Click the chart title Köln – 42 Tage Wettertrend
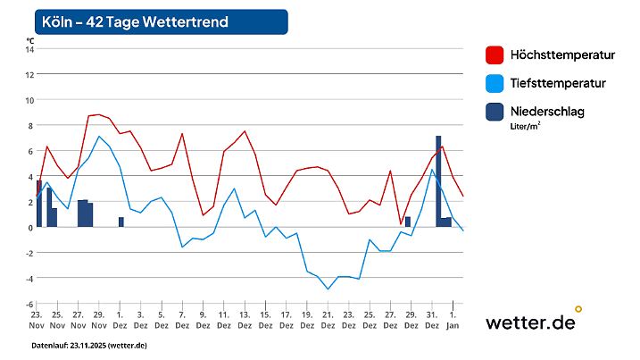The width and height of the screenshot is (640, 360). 135,21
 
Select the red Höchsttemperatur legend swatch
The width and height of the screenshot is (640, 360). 494,55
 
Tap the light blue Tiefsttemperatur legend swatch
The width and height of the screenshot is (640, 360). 494,83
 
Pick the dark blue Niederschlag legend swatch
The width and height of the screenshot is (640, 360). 494,112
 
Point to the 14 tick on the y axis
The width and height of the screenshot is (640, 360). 29,49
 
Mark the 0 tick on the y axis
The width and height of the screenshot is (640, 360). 30,227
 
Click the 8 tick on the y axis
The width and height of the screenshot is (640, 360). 30,125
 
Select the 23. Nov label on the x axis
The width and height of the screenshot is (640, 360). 37,321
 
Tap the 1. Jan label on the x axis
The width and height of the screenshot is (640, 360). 453,321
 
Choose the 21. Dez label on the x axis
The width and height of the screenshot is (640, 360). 328,321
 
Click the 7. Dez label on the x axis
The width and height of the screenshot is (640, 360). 182,321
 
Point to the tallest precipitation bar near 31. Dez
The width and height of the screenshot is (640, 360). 438,179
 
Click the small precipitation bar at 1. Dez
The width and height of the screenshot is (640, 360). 121,222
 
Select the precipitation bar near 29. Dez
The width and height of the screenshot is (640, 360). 407,222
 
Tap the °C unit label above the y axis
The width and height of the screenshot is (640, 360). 30,40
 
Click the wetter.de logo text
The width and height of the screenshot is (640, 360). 530,322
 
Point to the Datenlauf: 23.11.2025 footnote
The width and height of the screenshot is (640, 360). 89,346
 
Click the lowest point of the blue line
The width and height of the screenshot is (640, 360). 328,289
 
